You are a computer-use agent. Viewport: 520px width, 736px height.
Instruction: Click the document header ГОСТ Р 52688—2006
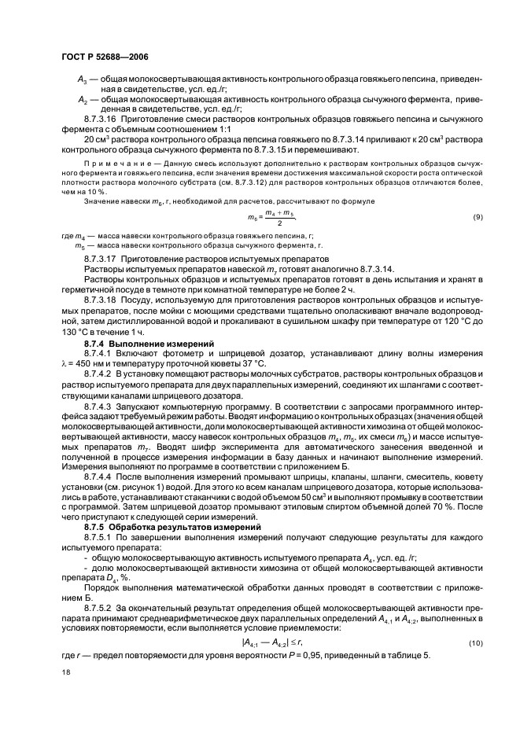point(105,57)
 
